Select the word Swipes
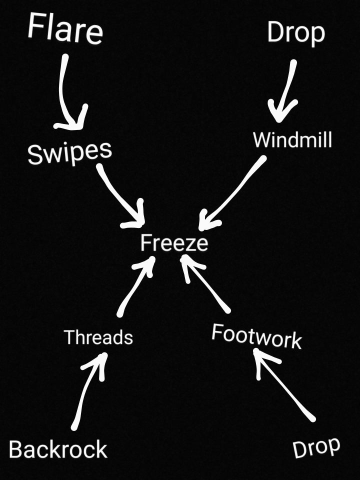[x=69, y=151]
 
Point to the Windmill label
[x=292, y=140]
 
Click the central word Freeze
[x=173, y=243]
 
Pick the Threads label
[x=98, y=337]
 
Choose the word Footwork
[x=256, y=336]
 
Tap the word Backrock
[x=58, y=449]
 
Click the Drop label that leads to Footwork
[x=316, y=447]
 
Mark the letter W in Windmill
[x=260, y=140]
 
